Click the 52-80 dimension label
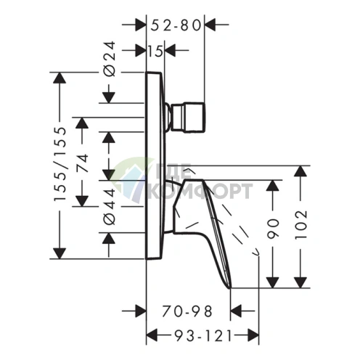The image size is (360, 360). tap(176, 25)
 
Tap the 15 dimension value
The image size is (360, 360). tap(155, 51)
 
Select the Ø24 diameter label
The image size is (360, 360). tap(110, 59)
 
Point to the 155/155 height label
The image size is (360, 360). tap(60, 164)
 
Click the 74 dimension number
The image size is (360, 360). tap(82, 163)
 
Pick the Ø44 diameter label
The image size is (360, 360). tap(110, 207)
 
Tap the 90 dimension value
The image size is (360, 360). tap(273, 229)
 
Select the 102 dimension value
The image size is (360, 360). tap(300, 225)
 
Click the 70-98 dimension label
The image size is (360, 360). tap(187, 311)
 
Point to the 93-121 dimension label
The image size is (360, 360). tap(203, 335)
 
